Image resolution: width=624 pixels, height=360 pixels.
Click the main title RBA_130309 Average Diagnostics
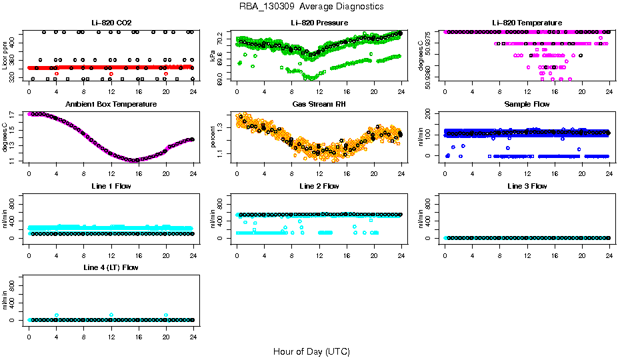(x=311, y=7)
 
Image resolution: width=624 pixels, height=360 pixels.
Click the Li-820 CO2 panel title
(x=111, y=23)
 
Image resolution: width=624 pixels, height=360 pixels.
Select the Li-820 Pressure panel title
(x=319, y=23)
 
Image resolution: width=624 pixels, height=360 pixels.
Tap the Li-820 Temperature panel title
(x=527, y=23)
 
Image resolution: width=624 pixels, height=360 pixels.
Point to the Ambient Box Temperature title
(x=111, y=105)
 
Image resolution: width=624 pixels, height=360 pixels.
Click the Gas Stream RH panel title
(x=319, y=105)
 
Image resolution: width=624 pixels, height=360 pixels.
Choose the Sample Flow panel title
(x=527, y=105)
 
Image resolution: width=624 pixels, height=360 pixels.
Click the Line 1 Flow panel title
(x=111, y=186)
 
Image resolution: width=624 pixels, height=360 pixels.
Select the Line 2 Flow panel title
(x=319, y=186)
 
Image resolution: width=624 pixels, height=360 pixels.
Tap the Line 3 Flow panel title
(x=527, y=186)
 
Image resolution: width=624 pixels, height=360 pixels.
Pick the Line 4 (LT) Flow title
(x=111, y=267)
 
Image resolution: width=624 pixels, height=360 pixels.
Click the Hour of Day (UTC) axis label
(x=311, y=351)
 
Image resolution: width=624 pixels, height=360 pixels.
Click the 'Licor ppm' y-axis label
(x=5, y=55)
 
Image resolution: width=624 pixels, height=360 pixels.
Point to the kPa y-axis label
(x=213, y=56)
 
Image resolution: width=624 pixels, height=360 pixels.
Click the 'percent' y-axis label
(x=213, y=137)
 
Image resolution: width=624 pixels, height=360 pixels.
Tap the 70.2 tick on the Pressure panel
(x=221, y=41)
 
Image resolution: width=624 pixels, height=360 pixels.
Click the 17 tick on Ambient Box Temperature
(x=13, y=115)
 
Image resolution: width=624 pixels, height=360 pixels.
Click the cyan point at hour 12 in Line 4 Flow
(x=111, y=315)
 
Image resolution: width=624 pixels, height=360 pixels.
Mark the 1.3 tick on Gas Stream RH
(x=221, y=126)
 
